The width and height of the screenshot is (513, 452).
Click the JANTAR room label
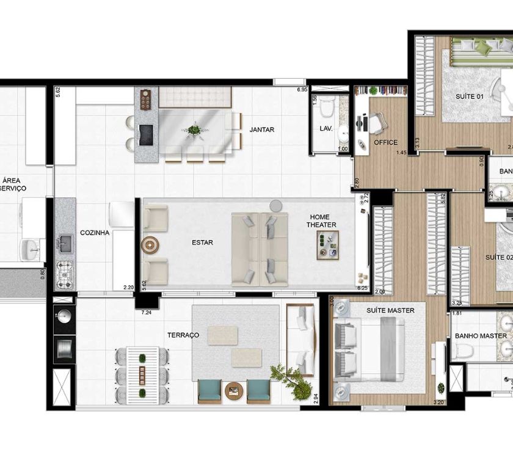[x=262, y=129]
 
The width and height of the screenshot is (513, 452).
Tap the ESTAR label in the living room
[x=202, y=242]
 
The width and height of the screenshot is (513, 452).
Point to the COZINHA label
[x=95, y=233]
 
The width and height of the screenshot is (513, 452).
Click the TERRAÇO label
[x=183, y=335]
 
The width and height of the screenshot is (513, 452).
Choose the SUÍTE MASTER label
[x=390, y=310]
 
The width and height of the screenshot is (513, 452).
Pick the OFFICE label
[x=385, y=143]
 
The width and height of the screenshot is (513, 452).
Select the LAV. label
[x=326, y=129]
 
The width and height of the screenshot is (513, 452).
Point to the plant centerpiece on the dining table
[x=194, y=130]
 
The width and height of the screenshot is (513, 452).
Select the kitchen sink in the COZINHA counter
[x=64, y=244]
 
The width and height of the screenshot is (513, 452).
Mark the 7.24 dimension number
[x=147, y=313]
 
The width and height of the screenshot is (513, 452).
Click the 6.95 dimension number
[x=302, y=90]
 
